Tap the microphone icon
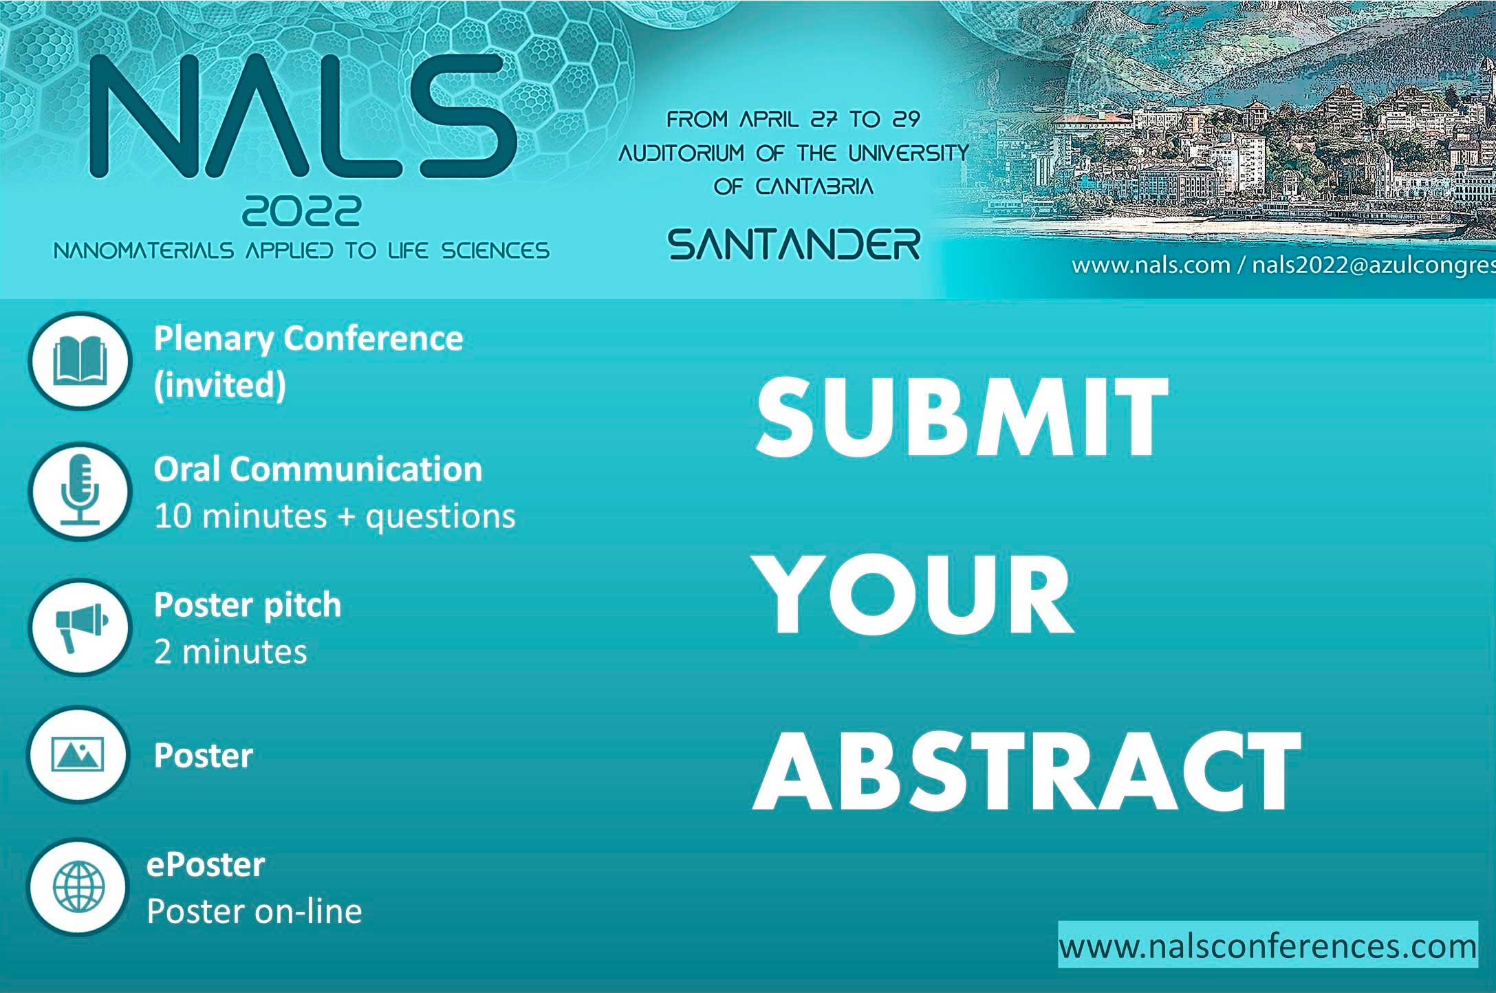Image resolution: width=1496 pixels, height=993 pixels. (80, 490)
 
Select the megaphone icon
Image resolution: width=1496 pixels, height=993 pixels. (80, 627)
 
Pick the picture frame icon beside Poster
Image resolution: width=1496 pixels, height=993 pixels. (78, 754)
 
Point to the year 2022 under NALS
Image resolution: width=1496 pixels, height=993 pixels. (301, 211)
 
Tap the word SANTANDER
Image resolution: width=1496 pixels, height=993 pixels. (794, 245)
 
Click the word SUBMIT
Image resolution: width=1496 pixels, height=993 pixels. (962, 417)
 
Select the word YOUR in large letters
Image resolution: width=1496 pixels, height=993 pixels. (915, 594)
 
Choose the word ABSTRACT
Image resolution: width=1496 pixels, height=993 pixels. (1026, 771)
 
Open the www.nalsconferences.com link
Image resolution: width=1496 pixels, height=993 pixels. (1268, 946)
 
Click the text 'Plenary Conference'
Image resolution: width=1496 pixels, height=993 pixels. (308, 339)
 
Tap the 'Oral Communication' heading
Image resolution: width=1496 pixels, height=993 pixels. (318, 469)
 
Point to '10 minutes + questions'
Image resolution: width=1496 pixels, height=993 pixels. (334, 516)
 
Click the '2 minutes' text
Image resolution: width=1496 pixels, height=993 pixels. (230, 651)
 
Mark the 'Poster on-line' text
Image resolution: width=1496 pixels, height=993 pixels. (254, 911)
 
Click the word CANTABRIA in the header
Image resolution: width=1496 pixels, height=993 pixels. (814, 186)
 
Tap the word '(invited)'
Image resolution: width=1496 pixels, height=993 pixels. (219, 385)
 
